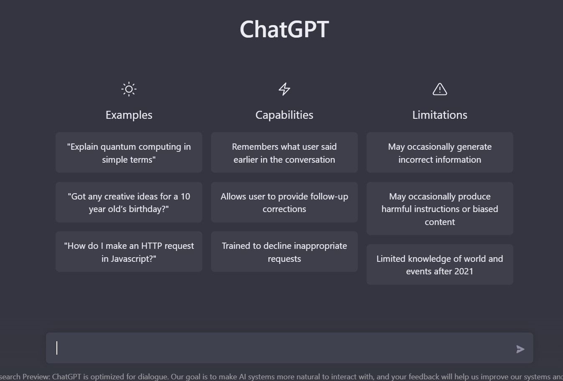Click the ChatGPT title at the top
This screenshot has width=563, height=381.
pyautogui.click(x=284, y=29)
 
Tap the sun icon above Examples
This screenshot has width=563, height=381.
pyautogui.click(x=129, y=89)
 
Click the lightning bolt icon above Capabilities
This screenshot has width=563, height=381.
pyautogui.click(x=284, y=89)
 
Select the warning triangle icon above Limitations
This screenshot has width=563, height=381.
pyautogui.click(x=440, y=89)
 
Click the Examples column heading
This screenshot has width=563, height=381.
pyautogui.click(x=129, y=115)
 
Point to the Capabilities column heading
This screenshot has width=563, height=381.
pyautogui.click(x=284, y=115)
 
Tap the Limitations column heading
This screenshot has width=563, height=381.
pyautogui.click(x=440, y=115)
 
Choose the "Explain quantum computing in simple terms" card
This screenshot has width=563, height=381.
pyautogui.click(x=129, y=153)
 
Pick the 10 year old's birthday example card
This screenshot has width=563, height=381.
pyautogui.click(x=129, y=202)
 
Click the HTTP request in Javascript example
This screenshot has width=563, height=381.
pyautogui.click(x=129, y=252)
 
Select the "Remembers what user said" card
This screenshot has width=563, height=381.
pyautogui.click(x=284, y=153)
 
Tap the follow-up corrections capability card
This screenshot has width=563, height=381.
pyautogui.click(x=284, y=202)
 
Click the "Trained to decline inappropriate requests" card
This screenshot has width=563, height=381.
pyautogui.click(x=284, y=252)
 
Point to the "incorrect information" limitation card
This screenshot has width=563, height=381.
pyautogui.click(x=440, y=153)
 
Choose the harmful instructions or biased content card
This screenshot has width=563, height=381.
pyautogui.click(x=440, y=209)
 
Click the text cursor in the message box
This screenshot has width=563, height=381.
pyautogui.click(x=57, y=348)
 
